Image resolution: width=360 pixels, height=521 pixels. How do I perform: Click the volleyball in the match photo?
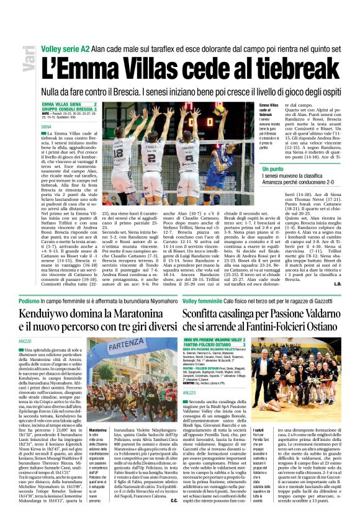[219, 110]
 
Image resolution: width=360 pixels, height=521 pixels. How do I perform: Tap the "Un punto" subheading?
[273, 169]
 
